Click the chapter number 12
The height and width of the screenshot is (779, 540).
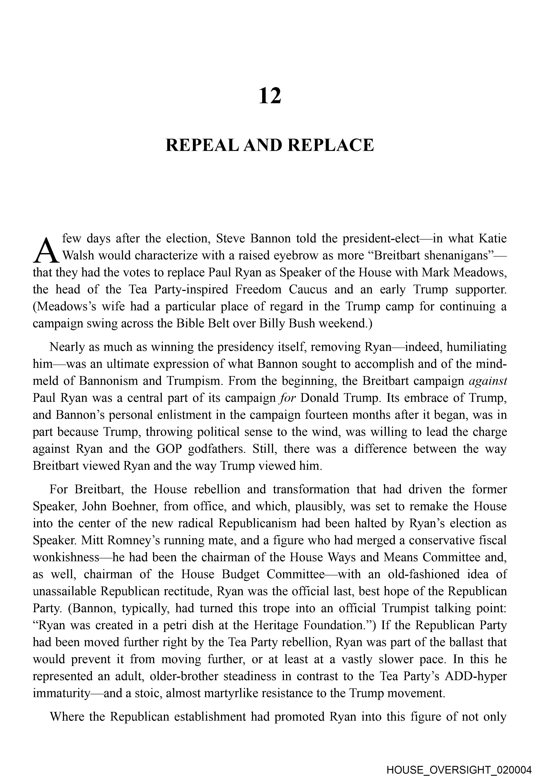point(270,96)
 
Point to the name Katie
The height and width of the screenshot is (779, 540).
point(492,238)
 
